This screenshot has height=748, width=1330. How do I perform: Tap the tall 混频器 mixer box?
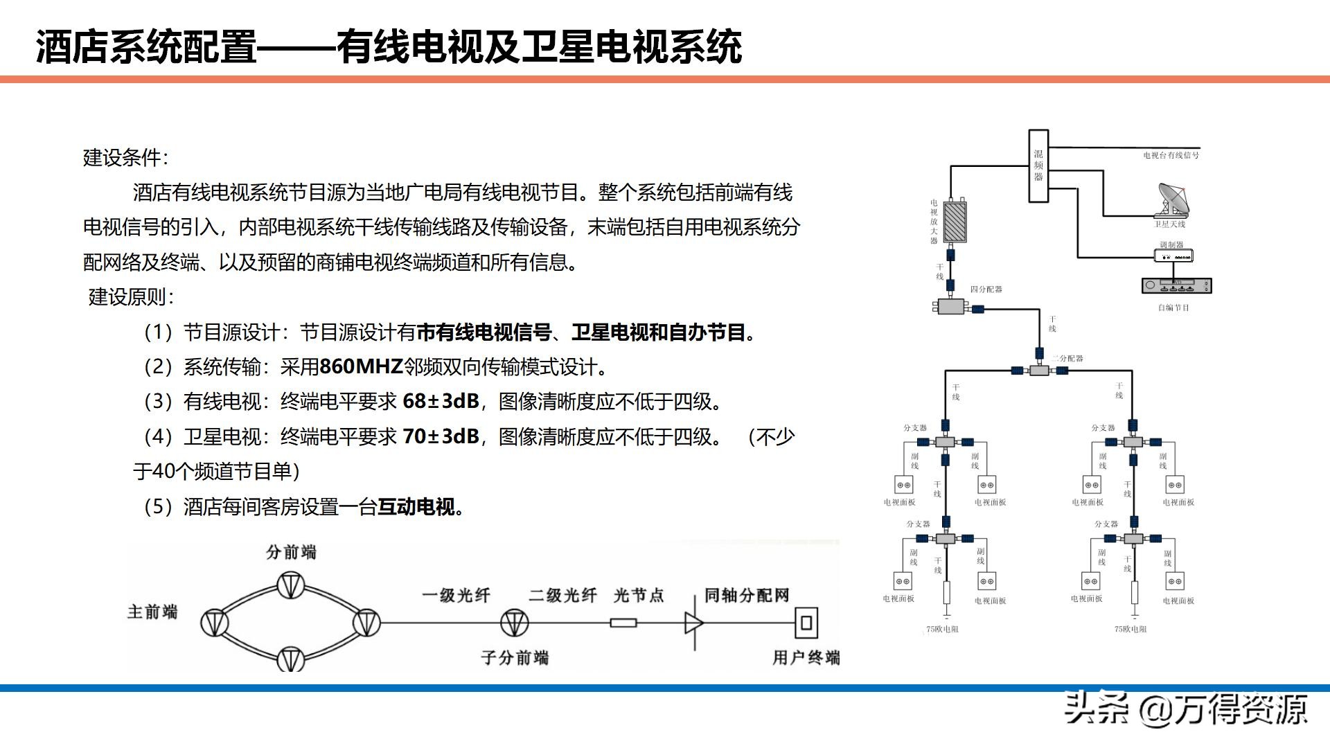click(x=1038, y=166)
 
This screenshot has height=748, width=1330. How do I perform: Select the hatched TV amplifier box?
click(x=955, y=222)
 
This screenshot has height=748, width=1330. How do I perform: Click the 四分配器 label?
click(x=986, y=289)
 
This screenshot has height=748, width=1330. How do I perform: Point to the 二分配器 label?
click(x=1067, y=358)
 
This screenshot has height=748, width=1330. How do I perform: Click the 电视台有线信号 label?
click(x=1171, y=155)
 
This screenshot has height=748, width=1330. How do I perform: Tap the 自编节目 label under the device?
click(x=1173, y=308)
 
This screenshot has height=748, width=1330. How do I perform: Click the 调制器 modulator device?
click(x=1173, y=256)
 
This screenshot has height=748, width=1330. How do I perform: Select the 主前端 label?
click(x=152, y=612)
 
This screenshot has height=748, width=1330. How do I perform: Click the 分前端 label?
click(x=291, y=552)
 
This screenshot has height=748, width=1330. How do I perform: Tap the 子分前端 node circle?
click(x=514, y=623)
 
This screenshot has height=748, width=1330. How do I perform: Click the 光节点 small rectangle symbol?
click(x=623, y=623)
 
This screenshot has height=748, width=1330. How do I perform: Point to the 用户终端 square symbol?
click(x=806, y=622)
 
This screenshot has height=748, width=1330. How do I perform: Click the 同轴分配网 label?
click(x=747, y=596)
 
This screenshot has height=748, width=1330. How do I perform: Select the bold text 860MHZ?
click(x=362, y=366)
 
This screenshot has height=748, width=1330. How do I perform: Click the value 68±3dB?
click(x=441, y=401)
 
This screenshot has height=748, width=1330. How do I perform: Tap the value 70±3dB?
click(x=441, y=436)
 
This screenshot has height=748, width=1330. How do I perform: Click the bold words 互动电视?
click(x=416, y=507)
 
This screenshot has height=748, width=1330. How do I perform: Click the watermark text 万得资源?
click(x=1240, y=709)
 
